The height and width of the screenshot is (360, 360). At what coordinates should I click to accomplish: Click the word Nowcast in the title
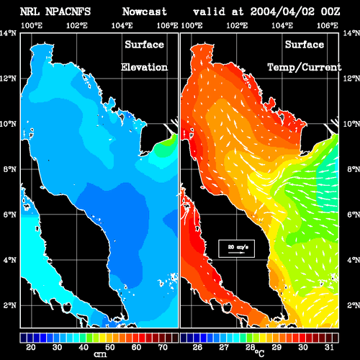tap(145, 12)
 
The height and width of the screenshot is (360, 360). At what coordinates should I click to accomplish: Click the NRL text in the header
tap(30, 12)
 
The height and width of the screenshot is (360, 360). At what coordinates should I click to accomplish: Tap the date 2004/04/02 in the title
tap(282, 12)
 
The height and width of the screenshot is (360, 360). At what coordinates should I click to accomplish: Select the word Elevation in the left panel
tap(144, 67)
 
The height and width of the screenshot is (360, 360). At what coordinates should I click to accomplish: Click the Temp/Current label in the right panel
tap(305, 68)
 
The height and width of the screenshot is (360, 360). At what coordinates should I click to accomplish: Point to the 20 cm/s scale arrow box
tap(236, 248)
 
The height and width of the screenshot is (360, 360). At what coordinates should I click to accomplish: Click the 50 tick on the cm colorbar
tap(109, 347)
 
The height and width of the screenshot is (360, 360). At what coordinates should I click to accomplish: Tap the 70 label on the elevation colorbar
tap(163, 347)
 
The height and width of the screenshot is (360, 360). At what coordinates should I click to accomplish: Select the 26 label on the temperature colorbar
tap(197, 347)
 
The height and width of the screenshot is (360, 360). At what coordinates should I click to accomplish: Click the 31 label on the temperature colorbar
tap(329, 347)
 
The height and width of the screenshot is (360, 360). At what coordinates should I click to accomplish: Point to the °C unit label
tap(259, 353)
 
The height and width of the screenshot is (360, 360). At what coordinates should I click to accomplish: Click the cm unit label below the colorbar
tap(100, 354)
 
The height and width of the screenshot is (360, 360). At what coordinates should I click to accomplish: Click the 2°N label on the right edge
tap(354, 305)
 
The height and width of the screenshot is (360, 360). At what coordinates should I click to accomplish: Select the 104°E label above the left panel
tap(122, 25)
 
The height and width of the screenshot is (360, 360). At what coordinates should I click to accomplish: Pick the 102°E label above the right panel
tap(237, 25)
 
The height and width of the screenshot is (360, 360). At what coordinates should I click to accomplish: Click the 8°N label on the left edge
tap(9, 169)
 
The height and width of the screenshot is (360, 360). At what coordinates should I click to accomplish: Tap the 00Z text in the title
tap(330, 12)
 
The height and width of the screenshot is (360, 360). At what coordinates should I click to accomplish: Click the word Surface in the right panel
tap(305, 45)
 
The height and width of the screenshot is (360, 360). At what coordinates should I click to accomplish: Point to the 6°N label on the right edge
tap(354, 215)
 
